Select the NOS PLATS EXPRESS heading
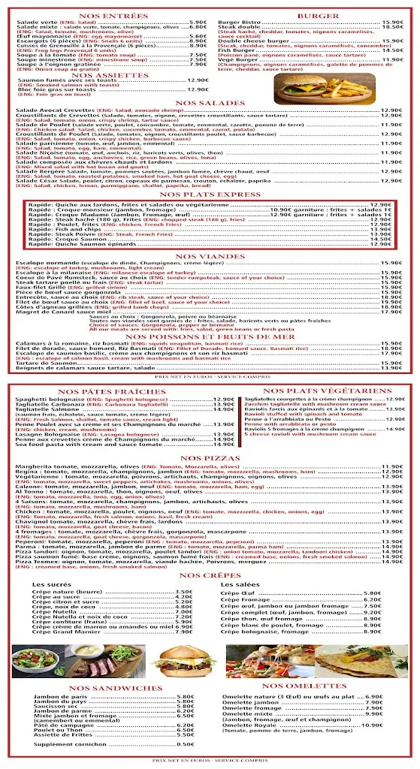tap(210, 195)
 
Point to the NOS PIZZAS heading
tap(210, 457)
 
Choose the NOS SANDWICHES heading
tap(104, 688)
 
